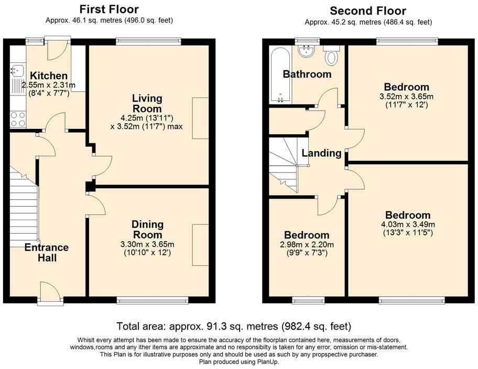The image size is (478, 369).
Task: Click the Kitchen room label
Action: (x=48, y=76)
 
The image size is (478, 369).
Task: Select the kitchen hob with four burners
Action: (x=17, y=120)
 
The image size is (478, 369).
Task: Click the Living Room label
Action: (x=147, y=103)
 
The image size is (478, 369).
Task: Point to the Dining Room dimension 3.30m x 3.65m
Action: (x=147, y=244)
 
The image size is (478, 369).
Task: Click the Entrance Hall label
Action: (x=47, y=253)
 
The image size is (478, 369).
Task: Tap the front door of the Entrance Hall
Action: (x=51, y=292)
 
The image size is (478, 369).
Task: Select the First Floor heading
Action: (x=109, y=9)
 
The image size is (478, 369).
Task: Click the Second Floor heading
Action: (x=368, y=10)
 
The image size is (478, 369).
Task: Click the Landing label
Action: (x=321, y=153)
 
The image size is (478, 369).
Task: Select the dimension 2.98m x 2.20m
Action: (x=307, y=244)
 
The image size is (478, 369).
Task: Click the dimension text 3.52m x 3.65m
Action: (x=406, y=96)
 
